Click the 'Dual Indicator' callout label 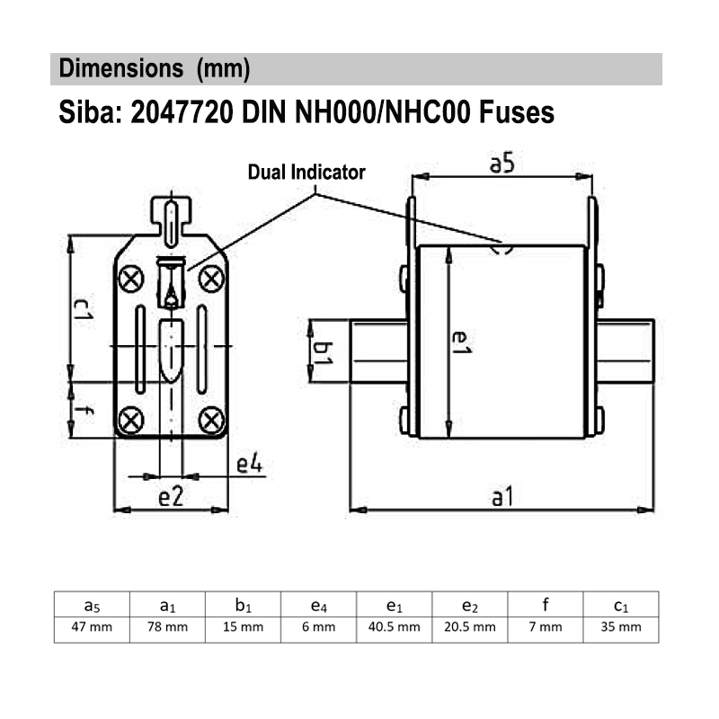tap(306, 173)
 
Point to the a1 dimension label tap(502, 495)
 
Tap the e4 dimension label tap(249, 466)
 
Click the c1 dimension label tap(83, 310)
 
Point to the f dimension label tap(83, 412)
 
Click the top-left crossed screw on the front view tap(131, 278)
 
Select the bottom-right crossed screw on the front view tap(211, 418)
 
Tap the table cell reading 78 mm tap(168, 627)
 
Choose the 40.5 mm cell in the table tap(395, 627)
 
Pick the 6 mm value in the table tap(319, 627)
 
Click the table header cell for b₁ tap(244, 604)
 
